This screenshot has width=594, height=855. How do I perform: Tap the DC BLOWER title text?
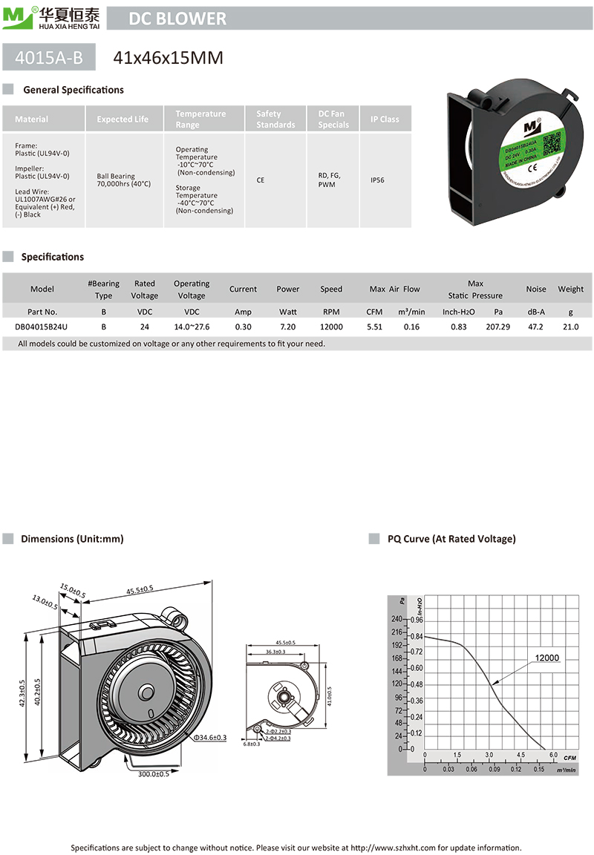pos(177,19)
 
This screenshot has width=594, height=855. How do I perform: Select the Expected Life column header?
pos(123,119)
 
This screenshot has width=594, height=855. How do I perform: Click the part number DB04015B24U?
pos(42,327)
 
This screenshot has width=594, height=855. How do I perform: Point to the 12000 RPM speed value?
pos(331,327)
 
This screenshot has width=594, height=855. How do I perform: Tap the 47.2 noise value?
pos(535,327)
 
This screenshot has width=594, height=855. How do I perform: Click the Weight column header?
pos(570,289)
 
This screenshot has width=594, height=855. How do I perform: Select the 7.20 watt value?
pos(287,327)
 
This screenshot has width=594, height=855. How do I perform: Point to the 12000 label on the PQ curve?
pos(546,658)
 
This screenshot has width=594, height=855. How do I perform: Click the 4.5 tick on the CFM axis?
pos(520,756)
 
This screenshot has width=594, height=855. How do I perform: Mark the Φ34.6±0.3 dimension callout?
pos(209,738)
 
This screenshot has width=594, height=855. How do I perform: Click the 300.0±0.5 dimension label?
pos(153,775)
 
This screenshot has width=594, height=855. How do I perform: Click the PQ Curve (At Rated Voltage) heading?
pos(451,539)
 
